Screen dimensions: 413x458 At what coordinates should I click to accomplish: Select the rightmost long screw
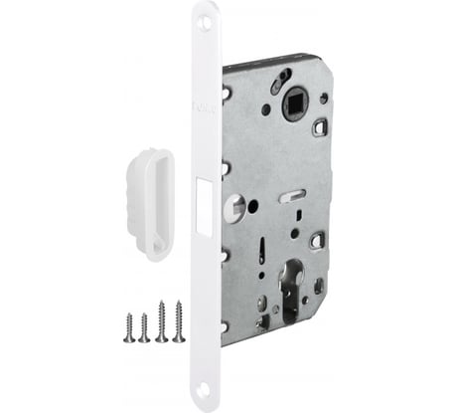[x=179, y=319]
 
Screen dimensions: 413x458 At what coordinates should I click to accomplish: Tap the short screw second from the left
[x=144, y=326]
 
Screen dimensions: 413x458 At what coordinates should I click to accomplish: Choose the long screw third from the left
[x=162, y=320]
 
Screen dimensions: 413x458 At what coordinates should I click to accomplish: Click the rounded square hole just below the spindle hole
[x=319, y=127]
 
